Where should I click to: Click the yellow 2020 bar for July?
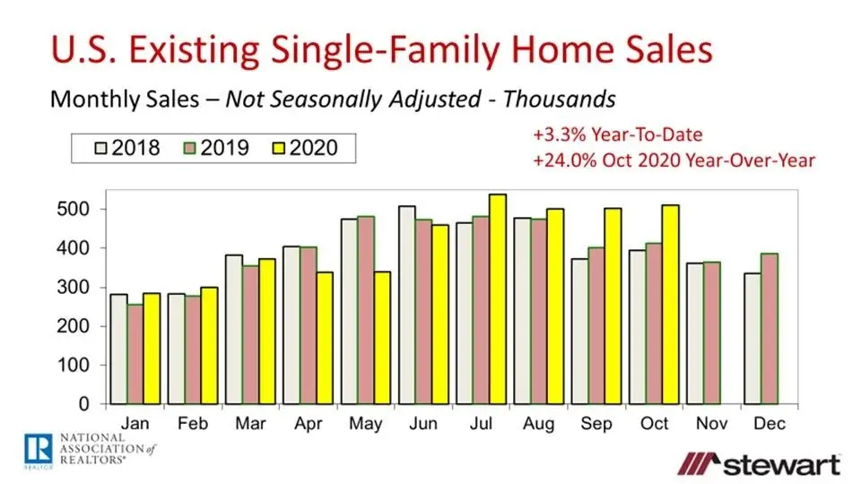(x=498, y=299)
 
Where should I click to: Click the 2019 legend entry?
(x=215, y=147)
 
